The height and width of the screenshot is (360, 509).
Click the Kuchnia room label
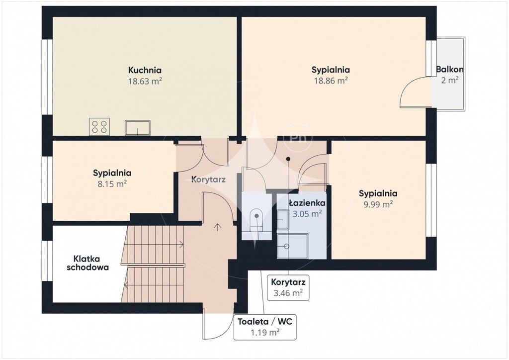click(x=145, y=70)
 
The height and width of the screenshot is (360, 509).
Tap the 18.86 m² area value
click(x=331, y=81)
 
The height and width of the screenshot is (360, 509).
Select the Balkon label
click(x=449, y=69)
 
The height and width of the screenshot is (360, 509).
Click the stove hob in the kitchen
click(x=99, y=127)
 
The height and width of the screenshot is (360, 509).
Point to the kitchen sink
click(x=138, y=128)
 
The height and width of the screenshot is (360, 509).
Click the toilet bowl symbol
click(x=256, y=220)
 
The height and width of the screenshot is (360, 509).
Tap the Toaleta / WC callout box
click(x=265, y=327)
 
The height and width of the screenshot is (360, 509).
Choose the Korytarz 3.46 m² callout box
click(x=288, y=287)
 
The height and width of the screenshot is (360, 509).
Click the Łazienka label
click(x=307, y=203)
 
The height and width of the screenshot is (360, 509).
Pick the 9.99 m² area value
click(x=378, y=204)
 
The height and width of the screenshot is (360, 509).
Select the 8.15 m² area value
click(x=112, y=184)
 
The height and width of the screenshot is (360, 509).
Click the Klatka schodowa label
click(x=87, y=263)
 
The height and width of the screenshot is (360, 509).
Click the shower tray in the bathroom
click(x=292, y=246)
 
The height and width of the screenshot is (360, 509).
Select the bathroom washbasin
click(x=283, y=220)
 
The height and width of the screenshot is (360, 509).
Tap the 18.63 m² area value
click(x=145, y=81)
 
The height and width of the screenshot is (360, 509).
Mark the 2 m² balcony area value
click(x=449, y=80)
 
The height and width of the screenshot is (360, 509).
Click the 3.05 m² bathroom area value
click(x=307, y=214)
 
